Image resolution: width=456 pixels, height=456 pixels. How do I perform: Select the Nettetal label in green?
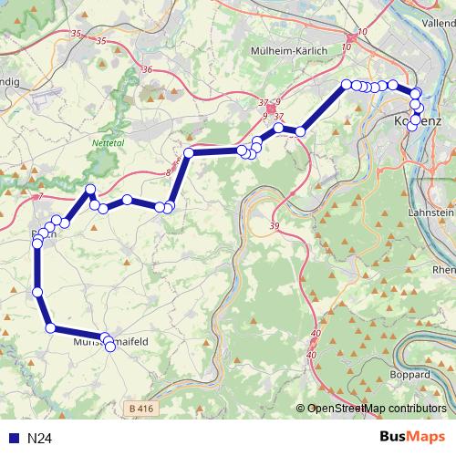[109, 143]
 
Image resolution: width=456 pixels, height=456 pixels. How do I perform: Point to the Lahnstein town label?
[434, 212]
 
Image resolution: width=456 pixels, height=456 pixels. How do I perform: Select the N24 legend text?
[39, 439]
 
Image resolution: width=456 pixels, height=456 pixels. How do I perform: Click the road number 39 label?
[275, 225]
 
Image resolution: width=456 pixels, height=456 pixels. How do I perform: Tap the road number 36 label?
[148, 69]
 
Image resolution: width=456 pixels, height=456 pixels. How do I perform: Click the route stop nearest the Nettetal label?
[89, 190]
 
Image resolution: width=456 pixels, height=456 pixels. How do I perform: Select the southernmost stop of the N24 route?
[110, 347]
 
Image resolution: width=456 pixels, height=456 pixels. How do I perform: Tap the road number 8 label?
[168, 171]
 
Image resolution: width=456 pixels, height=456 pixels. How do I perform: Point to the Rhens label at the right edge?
[444, 270]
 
